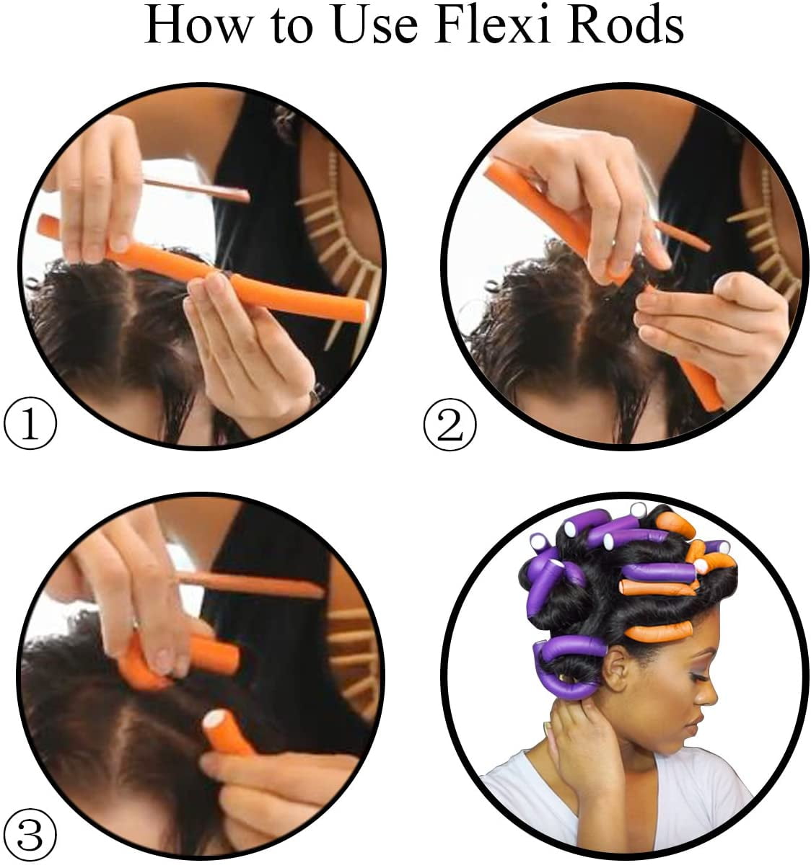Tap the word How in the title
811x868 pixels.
[x=189, y=27]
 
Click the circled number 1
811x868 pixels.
[x=30, y=425]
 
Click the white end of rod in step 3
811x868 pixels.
[x=216, y=721]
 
